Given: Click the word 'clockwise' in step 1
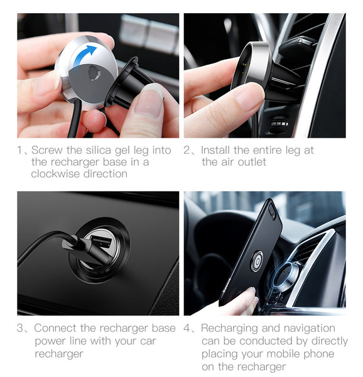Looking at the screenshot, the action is pyautogui.click(x=55, y=173).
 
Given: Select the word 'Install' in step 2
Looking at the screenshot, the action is pyautogui.click(x=215, y=150).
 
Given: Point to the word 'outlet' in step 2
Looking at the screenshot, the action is pyautogui.click(x=252, y=162).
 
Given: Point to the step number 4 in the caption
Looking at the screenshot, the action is pyautogui.click(x=187, y=328).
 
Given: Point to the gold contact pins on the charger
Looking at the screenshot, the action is pyautogui.click(x=245, y=69).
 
